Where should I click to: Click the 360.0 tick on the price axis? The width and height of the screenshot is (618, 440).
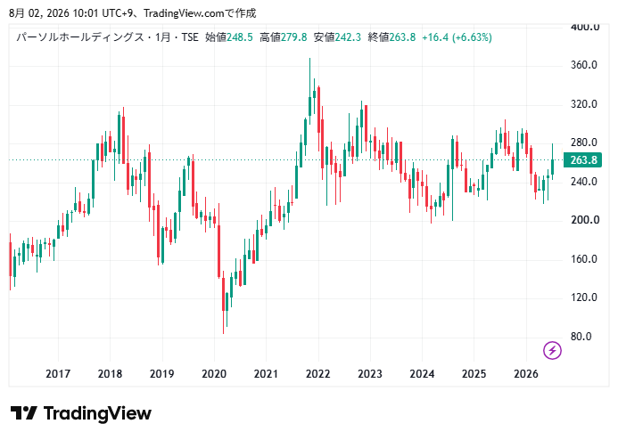[x=584, y=65]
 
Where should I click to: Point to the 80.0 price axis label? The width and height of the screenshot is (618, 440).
[x=581, y=337]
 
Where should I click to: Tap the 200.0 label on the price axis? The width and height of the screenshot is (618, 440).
[x=585, y=220]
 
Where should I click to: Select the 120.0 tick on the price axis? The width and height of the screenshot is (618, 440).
[x=584, y=297]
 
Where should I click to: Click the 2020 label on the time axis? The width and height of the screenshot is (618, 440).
[x=214, y=374]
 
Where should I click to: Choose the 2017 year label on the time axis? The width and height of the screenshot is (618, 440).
[x=58, y=374]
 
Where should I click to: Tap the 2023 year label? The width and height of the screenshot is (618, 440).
[x=370, y=374]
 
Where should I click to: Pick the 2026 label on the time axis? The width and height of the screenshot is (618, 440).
[x=526, y=374]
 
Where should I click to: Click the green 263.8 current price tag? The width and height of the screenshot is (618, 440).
[x=582, y=160]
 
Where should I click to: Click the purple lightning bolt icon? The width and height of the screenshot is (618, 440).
[x=552, y=350]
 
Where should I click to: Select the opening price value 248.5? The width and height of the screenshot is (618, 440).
[x=240, y=37]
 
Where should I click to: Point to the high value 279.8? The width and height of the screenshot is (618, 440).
[x=294, y=37]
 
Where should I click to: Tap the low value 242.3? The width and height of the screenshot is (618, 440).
[x=348, y=37]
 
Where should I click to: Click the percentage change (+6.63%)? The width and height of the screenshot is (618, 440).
[x=472, y=37]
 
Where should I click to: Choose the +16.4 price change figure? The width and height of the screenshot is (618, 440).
[x=435, y=37]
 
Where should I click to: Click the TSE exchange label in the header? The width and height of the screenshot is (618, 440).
[x=190, y=37]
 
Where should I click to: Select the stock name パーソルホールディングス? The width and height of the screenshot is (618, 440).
[x=80, y=37]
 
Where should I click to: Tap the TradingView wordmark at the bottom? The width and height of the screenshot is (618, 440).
[x=97, y=413]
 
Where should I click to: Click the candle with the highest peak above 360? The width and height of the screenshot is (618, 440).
[x=309, y=91]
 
